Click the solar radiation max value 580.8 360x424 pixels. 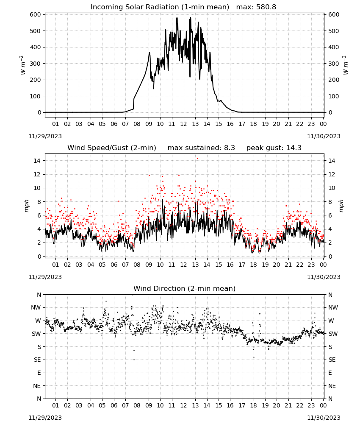click(x=266, y=7)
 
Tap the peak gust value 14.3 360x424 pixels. click(x=293, y=148)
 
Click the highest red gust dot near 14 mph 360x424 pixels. click(x=197, y=159)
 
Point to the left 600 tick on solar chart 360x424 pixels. click(x=36, y=14)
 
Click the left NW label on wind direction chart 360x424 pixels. click(x=36, y=308)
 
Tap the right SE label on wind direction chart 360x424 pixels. click(x=332, y=360)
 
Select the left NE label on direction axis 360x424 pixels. click(x=37, y=386)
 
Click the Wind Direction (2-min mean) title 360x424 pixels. click(x=185, y=288)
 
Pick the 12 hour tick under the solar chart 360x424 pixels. click(x=184, y=124)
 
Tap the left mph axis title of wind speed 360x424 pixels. click(x=26, y=206)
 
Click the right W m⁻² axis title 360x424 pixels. click(x=346, y=65)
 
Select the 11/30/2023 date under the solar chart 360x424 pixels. click(x=324, y=136)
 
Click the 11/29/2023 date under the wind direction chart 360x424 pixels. click(x=45, y=418)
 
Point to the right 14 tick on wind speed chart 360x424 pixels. click(x=332, y=161)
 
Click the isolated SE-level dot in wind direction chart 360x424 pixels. click(x=134, y=360)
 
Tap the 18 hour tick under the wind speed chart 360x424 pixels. click(x=253, y=265)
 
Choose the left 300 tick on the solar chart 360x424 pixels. click(x=36, y=64)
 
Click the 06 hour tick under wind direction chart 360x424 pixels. click(x=114, y=406)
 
